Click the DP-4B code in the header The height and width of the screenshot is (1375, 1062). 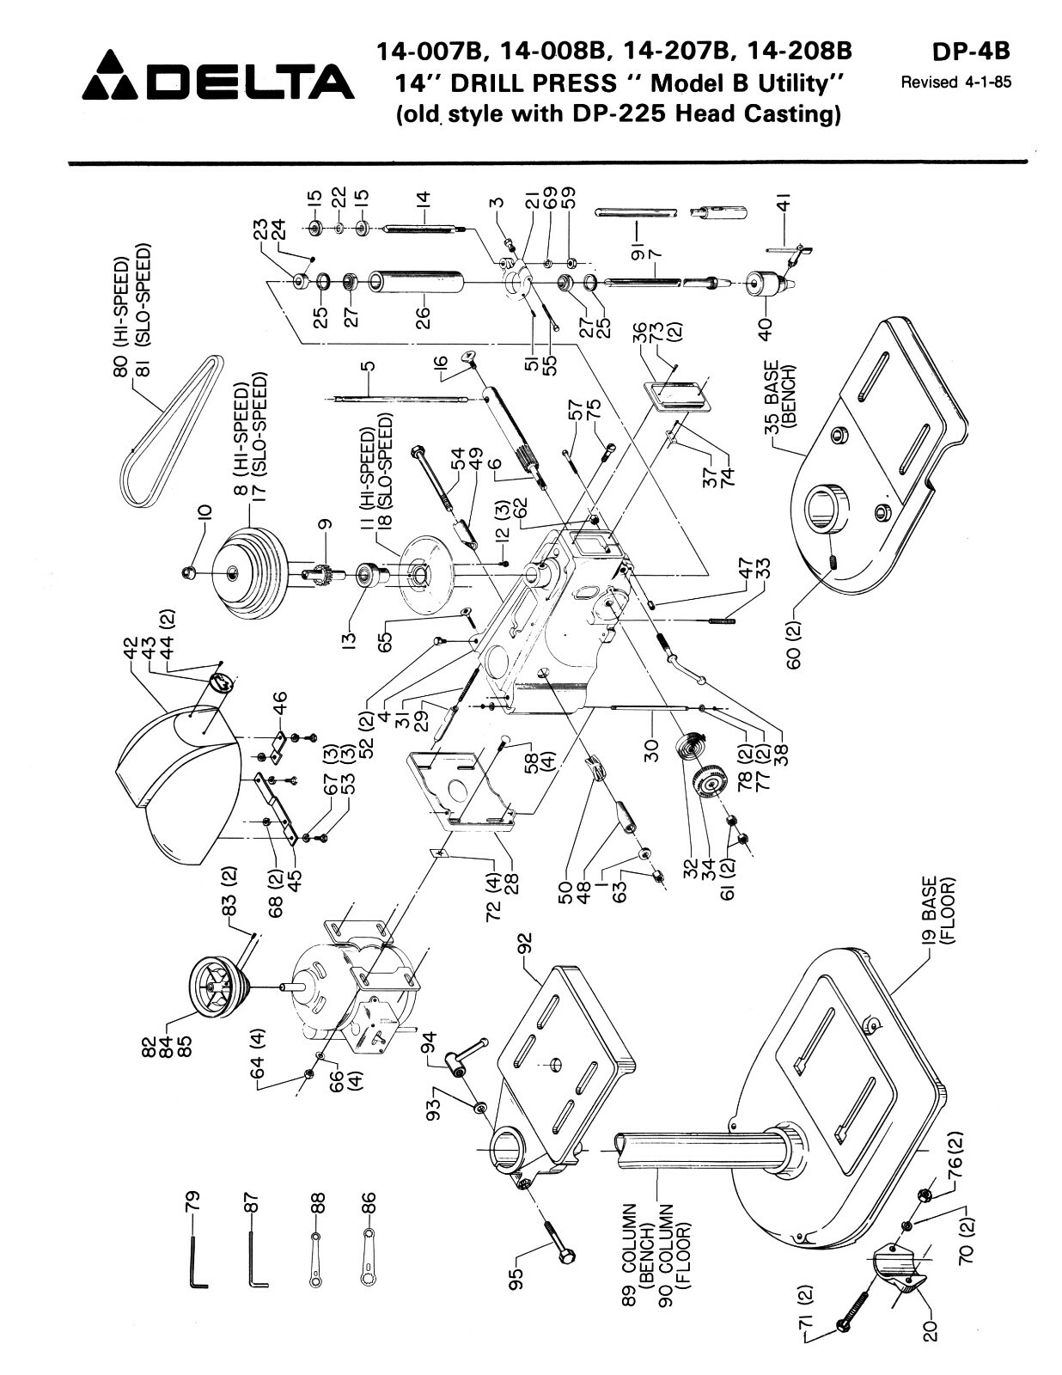tap(970, 52)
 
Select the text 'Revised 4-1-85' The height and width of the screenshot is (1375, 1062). tap(955, 83)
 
